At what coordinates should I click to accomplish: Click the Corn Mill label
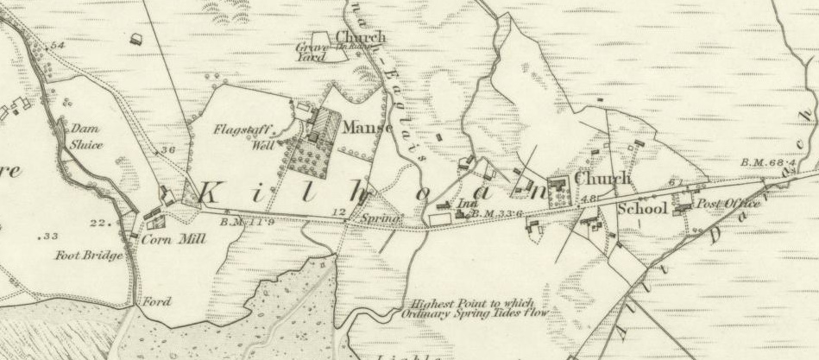[x=173, y=240]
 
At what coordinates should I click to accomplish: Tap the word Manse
[x=367, y=127]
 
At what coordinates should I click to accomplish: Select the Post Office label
[x=728, y=203]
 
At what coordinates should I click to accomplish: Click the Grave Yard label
[x=310, y=53]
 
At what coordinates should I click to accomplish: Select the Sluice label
[x=85, y=145]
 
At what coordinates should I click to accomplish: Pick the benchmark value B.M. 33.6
[x=499, y=212]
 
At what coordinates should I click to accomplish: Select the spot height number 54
[x=58, y=45]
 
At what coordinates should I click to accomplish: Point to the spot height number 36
[x=167, y=150]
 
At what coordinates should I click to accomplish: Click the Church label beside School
[x=602, y=179]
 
